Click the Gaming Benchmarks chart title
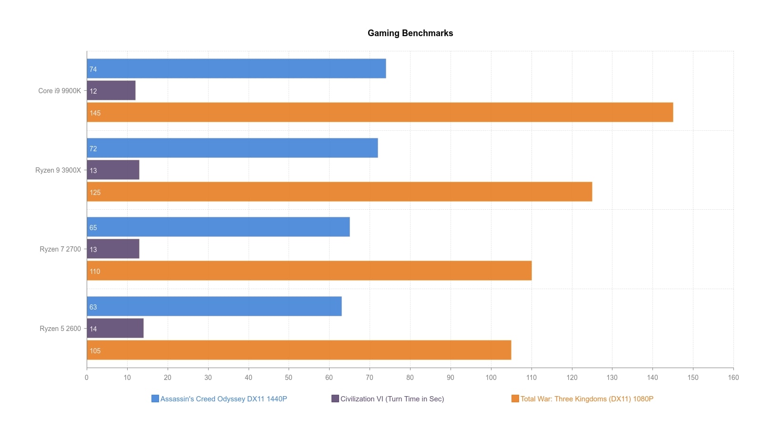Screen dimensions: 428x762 pyautogui.click(x=410, y=33)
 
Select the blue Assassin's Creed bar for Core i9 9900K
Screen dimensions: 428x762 pyautogui.click(x=236, y=68)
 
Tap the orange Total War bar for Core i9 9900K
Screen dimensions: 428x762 pyautogui.click(x=380, y=112)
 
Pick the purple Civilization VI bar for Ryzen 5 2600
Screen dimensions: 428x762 pyautogui.click(x=115, y=328)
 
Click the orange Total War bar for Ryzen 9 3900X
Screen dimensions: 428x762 pyautogui.click(x=339, y=192)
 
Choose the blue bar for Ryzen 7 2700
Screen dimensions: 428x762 pyautogui.click(x=218, y=227)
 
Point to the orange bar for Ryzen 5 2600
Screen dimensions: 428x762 pyautogui.click(x=299, y=350)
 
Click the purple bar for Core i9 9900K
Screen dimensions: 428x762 pyautogui.click(x=111, y=90)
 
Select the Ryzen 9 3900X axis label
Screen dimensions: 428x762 pyautogui.click(x=58, y=170)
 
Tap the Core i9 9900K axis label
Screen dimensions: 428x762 pyautogui.click(x=60, y=91)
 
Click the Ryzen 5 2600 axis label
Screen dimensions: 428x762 pyautogui.click(x=60, y=329)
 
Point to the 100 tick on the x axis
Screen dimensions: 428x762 pyautogui.click(x=491, y=378)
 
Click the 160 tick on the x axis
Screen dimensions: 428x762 pyautogui.click(x=733, y=378)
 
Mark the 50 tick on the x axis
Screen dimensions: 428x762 pyautogui.click(x=289, y=378)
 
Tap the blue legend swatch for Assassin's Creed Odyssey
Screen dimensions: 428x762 pyautogui.click(x=155, y=399)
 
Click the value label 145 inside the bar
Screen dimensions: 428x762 pyautogui.click(x=95, y=113)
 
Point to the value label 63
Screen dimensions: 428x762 pyautogui.click(x=93, y=307)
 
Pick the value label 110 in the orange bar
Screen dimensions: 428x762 pyautogui.click(x=95, y=272)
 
